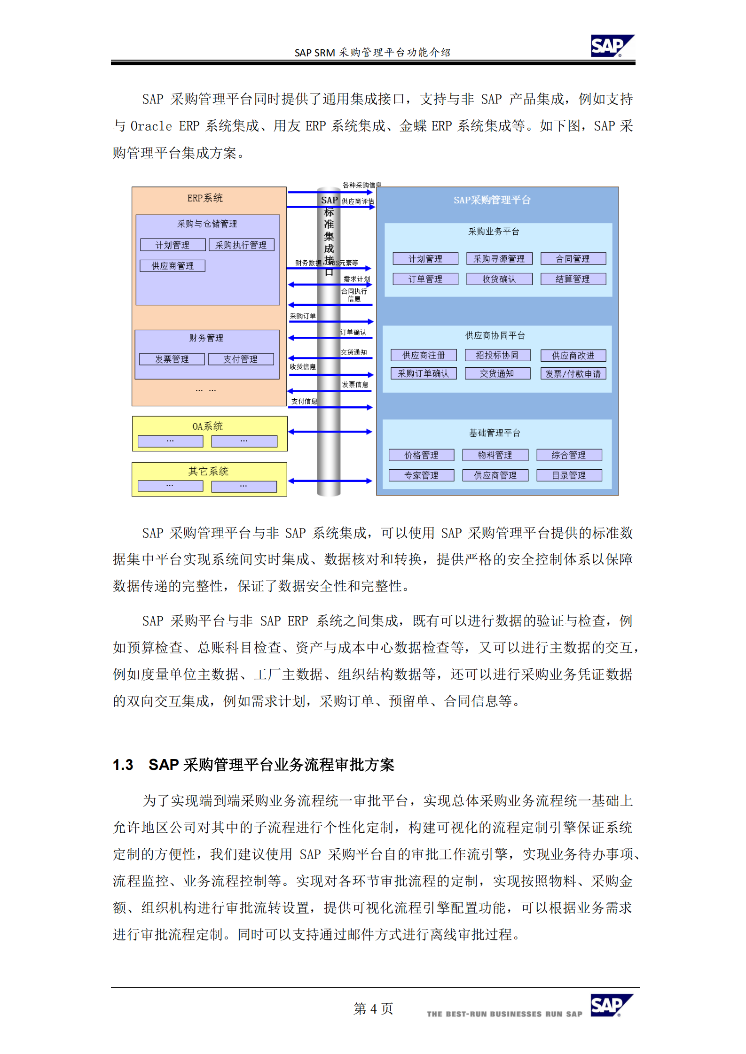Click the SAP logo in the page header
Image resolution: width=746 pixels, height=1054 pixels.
pos(612,46)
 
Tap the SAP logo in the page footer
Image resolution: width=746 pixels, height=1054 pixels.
pos(611,1005)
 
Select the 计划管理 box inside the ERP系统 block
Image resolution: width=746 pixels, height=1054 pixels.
pos(173,245)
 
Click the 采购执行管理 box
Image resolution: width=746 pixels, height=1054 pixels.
pos(241,245)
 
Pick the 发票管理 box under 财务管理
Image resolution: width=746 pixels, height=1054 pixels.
pos(172,359)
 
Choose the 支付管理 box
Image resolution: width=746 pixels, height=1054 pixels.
pos(240,359)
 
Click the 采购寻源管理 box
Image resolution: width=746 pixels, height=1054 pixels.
pos(499,258)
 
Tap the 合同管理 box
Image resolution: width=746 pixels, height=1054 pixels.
pos(573,258)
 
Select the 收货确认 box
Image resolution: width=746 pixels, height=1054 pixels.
pos(499,279)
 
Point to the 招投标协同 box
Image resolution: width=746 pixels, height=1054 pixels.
pos(497,355)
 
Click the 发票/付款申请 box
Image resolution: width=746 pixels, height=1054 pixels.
pos(573,373)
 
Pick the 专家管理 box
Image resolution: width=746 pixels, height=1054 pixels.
pos(421,475)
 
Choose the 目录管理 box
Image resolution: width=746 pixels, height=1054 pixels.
pos(569,475)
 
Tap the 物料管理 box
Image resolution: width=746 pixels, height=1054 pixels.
pos(495,455)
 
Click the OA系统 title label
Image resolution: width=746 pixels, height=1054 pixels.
pos(207,426)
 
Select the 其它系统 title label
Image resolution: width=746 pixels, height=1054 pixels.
pos(208,471)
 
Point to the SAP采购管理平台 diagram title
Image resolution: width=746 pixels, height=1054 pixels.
pos(492,200)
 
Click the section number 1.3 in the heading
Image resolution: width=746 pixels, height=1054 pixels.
pos(123,765)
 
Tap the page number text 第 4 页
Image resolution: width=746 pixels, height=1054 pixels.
pos(373,1008)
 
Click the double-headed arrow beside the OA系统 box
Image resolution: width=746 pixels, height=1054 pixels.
pos(330,432)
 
